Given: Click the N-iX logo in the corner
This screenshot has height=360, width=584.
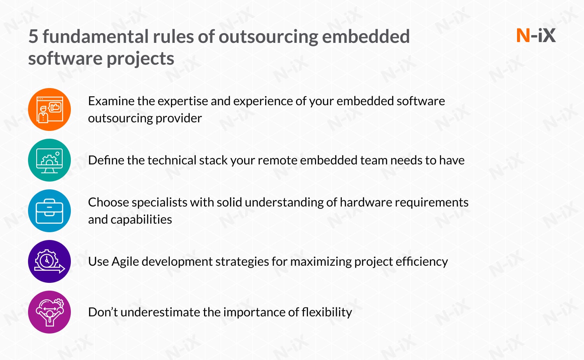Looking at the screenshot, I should pyautogui.click(x=536, y=35).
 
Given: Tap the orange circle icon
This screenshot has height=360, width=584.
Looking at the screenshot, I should pyautogui.click(x=49, y=109).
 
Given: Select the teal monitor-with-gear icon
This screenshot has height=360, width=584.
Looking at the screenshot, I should pyautogui.click(x=49, y=160).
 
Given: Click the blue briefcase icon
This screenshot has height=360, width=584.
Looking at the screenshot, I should pyautogui.click(x=49, y=211).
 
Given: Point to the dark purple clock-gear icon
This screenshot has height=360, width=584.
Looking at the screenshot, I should pyautogui.click(x=49, y=261).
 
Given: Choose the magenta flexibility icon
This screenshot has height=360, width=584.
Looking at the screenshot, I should pyautogui.click(x=49, y=312).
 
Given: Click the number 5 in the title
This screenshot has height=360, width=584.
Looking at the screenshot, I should pyautogui.click(x=33, y=37).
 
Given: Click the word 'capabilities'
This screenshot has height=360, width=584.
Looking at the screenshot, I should pyautogui.click(x=141, y=219).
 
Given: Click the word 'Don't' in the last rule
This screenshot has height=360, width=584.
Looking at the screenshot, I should pyautogui.click(x=103, y=312).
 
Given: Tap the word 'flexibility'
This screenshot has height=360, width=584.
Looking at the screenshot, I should pyautogui.click(x=327, y=312).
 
